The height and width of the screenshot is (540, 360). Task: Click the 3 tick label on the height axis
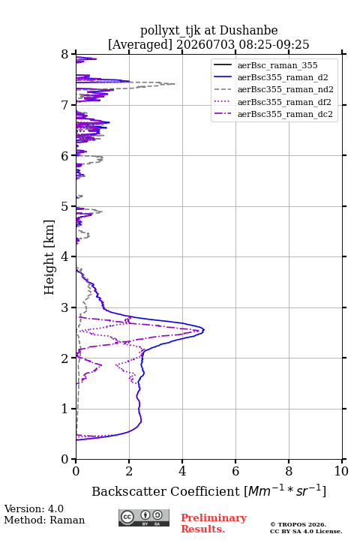pyautogui.click(x=65, y=307)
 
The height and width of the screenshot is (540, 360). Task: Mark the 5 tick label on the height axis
pyautogui.click(x=65, y=206)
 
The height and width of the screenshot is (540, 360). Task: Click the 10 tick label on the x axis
pyautogui.click(x=341, y=471)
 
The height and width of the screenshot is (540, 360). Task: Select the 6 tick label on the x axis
pyautogui.click(x=235, y=471)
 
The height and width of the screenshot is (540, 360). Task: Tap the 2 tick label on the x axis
pyautogui.click(x=129, y=471)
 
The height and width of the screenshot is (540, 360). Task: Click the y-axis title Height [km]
pyautogui.click(x=49, y=257)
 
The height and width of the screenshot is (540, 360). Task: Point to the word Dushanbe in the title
pyautogui.click(x=248, y=30)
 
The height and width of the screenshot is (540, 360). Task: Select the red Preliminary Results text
pyautogui.click(x=214, y=523)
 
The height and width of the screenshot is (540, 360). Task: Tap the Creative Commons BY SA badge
pyautogui.click(x=144, y=518)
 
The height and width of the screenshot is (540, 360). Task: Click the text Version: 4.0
pyautogui.click(x=34, y=508)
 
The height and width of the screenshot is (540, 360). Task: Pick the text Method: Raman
pyautogui.click(x=44, y=520)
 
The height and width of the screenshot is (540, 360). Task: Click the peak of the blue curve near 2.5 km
pyautogui.click(x=204, y=330)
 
